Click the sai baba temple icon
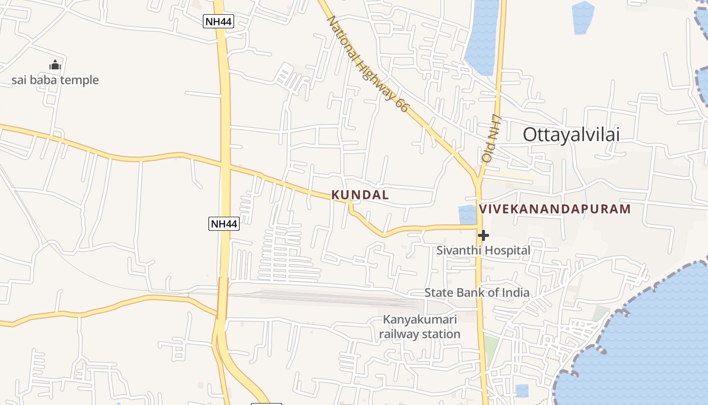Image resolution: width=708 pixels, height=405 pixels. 55,65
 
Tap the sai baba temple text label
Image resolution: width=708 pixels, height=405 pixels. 55,80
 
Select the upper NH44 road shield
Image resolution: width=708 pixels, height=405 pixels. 218,21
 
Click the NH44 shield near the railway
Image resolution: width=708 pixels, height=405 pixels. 224,224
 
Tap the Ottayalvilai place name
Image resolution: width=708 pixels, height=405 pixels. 571,135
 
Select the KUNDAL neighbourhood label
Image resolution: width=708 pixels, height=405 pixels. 360,195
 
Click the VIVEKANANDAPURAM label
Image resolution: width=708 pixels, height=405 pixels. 555,209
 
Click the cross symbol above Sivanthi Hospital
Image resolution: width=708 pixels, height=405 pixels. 483,235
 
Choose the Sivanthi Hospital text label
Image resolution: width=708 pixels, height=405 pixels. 483,250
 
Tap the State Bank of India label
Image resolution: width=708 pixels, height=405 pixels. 477,293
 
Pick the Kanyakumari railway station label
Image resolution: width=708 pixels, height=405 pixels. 420,327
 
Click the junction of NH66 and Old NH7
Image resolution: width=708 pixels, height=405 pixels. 477,178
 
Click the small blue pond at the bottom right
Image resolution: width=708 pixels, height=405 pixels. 522,391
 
